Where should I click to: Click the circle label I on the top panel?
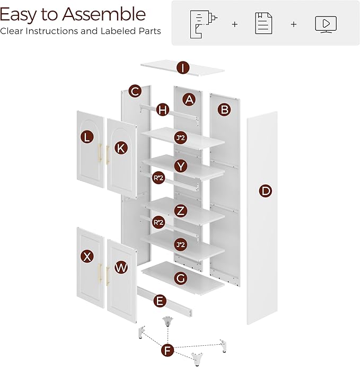(x=182, y=68)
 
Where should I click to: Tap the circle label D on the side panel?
(x=265, y=191)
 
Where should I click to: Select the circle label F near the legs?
(x=168, y=351)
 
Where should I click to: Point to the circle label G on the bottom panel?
(x=181, y=278)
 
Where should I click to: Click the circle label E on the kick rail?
(x=160, y=301)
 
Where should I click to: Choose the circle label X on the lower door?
(x=87, y=256)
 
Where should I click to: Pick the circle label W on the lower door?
(x=121, y=267)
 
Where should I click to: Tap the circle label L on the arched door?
(x=87, y=137)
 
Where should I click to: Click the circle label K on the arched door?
(x=121, y=148)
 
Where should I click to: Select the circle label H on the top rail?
(x=163, y=109)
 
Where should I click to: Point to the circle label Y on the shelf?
(x=181, y=166)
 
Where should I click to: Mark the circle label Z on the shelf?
(x=181, y=211)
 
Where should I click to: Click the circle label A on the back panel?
(x=189, y=100)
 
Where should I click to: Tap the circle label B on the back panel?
(x=224, y=110)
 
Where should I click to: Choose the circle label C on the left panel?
(x=135, y=91)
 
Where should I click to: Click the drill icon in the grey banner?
(x=203, y=24)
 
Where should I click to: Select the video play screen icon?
(x=326, y=24)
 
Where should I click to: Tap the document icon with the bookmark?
(x=264, y=23)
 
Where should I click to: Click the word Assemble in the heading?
(x=104, y=14)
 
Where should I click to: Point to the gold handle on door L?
(x=100, y=152)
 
